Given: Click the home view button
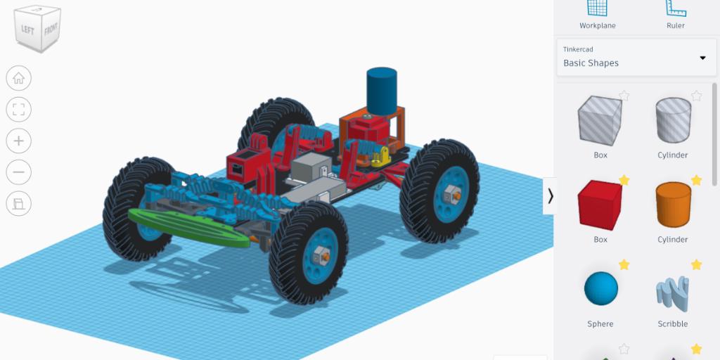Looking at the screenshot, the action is [19, 78].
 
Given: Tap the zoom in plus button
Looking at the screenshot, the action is [19, 141].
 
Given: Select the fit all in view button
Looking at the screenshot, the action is [19, 109].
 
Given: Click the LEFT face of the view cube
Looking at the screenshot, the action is [27, 30].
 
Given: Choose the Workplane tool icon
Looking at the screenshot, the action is [598, 8].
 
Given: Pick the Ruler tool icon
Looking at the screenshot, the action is [676, 8].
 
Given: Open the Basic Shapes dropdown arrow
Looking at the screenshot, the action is [702, 58].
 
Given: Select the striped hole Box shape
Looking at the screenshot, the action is [600, 120].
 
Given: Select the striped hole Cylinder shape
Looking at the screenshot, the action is [673, 120].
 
